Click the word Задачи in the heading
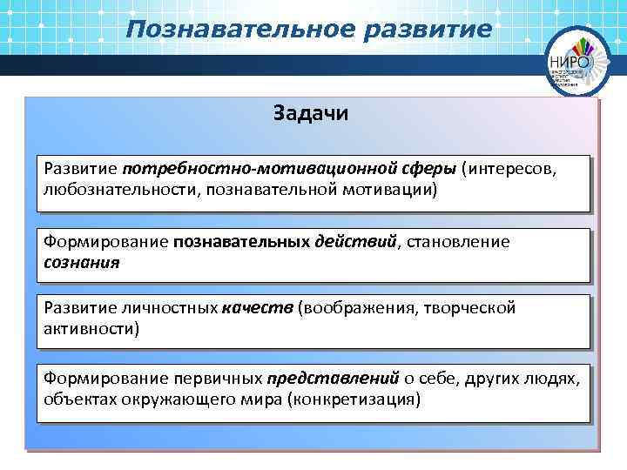click(311, 114)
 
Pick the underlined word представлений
click(334, 379)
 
